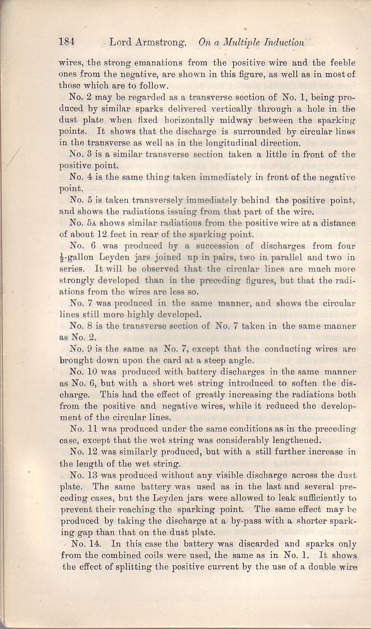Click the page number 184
[67, 42]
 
